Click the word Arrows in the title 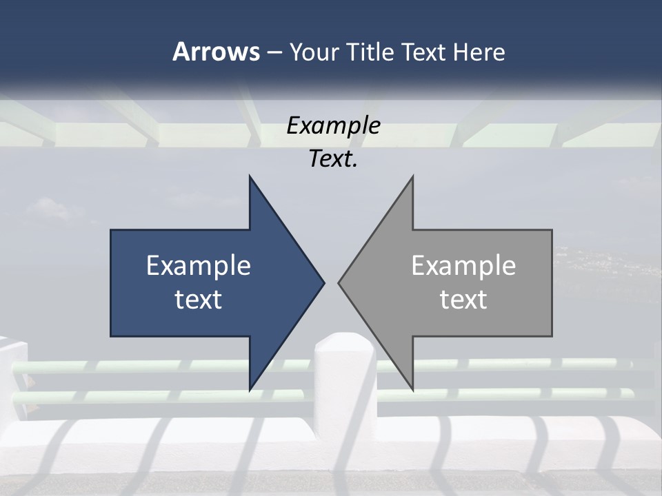point(216,52)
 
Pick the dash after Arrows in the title point(274,52)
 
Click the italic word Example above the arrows point(334,125)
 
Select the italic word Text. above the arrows point(334,159)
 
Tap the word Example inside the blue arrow point(199,265)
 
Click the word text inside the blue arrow point(199,299)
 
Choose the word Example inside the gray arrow point(463,265)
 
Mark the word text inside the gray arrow point(463,299)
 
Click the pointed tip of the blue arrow point(323,282)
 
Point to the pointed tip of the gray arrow point(339,282)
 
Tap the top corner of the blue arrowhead point(250,176)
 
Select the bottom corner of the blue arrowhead point(250,390)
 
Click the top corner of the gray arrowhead point(412,176)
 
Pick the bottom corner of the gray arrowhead point(412,390)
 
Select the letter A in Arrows point(180,52)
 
